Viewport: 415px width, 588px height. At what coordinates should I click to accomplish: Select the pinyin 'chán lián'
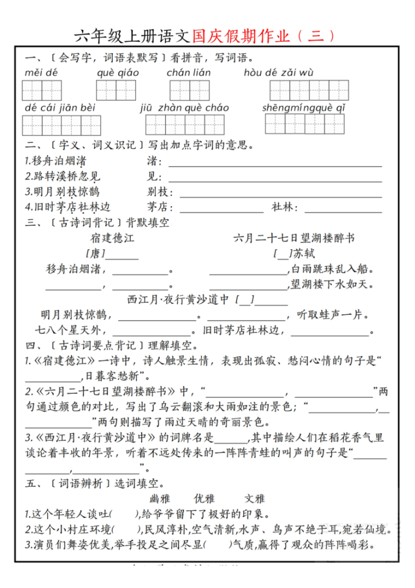pos(189,73)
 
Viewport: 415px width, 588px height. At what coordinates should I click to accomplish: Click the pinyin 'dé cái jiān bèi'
pos(60,108)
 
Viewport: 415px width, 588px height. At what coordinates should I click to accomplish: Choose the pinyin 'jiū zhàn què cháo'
pos(185,108)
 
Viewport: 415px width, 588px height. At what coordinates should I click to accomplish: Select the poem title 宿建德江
pos(112,238)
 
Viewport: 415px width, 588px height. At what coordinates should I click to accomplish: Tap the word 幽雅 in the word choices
pos(160,498)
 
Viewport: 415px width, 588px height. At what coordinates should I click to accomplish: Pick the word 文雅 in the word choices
pos(255,498)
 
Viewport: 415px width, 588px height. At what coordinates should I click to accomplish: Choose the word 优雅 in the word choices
pos(206,498)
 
